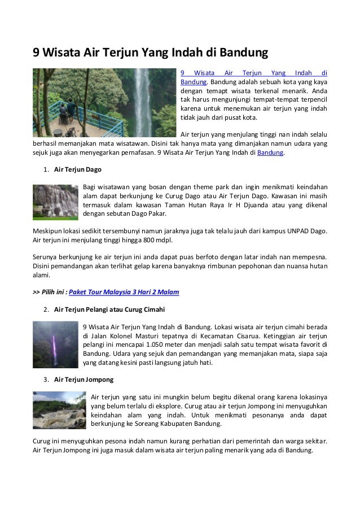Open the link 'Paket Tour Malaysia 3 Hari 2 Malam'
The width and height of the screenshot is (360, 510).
[124, 292]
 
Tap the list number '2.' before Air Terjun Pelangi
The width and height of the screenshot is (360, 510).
[46, 310]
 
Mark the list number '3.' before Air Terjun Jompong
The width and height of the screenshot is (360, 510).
[46, 378]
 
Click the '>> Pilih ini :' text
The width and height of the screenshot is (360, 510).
[50, 292]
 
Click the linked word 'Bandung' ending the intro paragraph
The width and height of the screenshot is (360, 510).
[270, 152]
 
